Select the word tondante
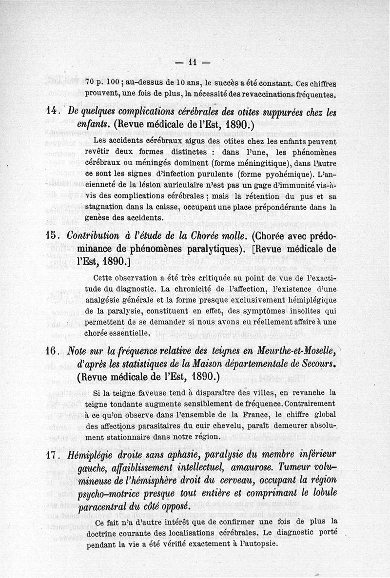[132, 403]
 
